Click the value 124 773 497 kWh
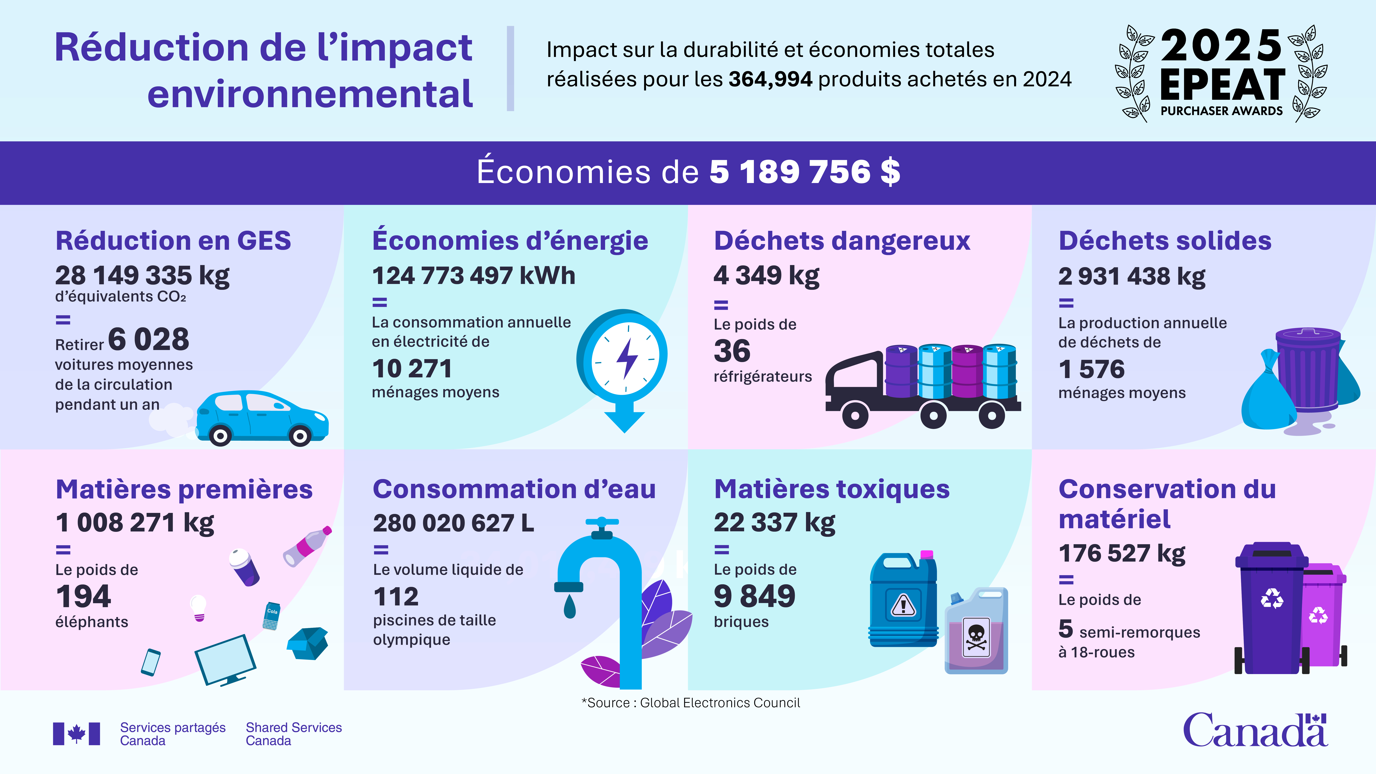(473, 276)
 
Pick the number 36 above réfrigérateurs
(732, 351)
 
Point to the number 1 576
(1091, 369)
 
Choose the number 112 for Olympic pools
(396, 597)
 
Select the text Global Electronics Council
(719, 703)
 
